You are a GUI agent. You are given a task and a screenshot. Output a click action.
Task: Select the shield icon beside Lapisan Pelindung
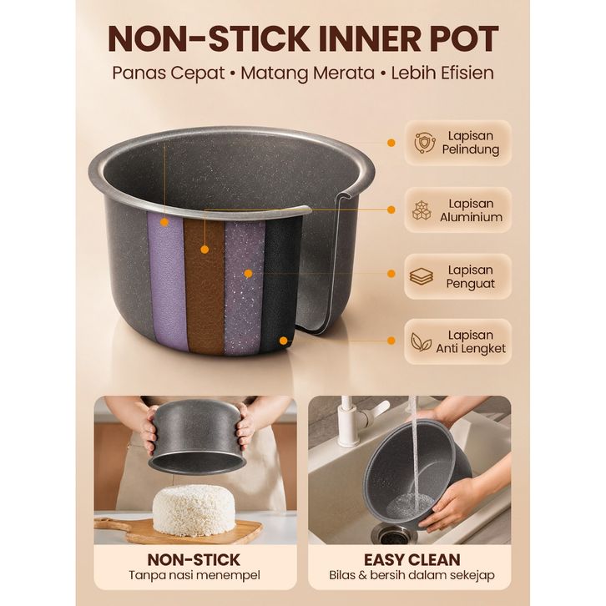pos(424,143)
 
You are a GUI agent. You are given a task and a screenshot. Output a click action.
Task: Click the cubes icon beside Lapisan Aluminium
pos(422,210)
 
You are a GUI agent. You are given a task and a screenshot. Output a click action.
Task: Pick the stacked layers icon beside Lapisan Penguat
pos(421,276)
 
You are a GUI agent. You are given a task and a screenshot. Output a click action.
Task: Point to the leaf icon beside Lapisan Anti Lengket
pos(421,341)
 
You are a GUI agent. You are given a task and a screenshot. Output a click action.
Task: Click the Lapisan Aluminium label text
pos(471,210)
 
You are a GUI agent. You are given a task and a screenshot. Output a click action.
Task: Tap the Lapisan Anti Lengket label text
pos(471,341)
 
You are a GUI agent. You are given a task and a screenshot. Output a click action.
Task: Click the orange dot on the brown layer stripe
pos(205,250)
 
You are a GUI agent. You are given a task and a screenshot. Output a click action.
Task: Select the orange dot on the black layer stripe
pos(284,341)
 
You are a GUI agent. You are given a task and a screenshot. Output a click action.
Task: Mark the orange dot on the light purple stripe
pos(164,222)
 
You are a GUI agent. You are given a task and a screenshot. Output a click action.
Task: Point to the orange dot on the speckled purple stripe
pos(249,274)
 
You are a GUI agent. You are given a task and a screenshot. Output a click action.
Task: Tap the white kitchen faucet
pos(356,422)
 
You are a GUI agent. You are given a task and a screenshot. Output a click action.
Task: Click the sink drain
pos(392,535)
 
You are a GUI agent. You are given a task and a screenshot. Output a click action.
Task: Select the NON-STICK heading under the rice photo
pos(194,560)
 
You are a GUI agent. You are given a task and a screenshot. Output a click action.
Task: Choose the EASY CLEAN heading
pos(412,560)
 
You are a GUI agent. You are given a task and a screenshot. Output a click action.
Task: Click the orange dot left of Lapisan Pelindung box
pos(391,143)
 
